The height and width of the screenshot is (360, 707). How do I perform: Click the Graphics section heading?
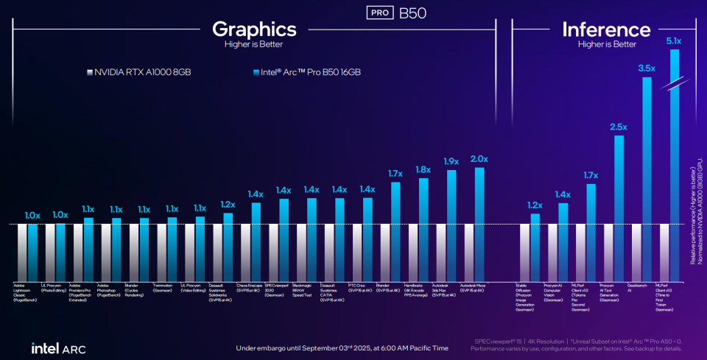[x=254, y=29]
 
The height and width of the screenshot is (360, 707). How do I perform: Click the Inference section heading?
[x=606, y=29]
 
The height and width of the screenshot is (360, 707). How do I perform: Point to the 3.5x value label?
[x=647, y=68]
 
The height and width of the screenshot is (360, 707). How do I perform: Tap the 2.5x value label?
[x=619, y=127]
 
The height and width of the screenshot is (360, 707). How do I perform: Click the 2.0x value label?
[x=479, y=159]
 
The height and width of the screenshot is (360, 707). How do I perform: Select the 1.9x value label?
[x=451, y=161]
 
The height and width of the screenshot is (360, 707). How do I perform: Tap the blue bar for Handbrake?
[x=423, y=229]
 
